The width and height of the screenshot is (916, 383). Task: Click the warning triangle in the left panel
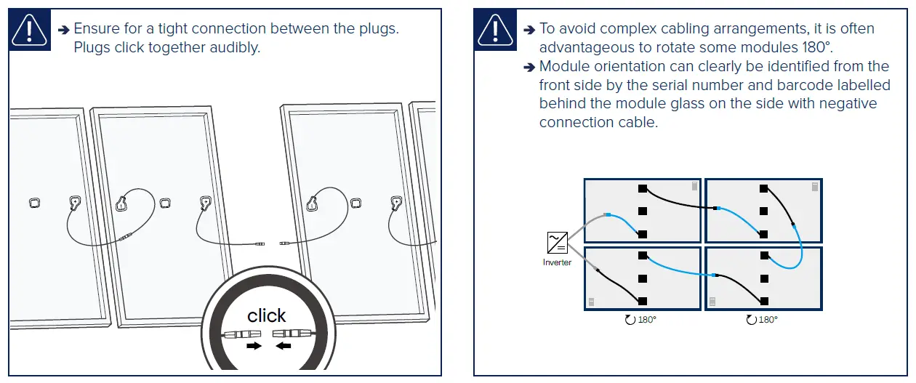pyautogui.click(x=30, y=31)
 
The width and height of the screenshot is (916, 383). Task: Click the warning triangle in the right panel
pyautogui.click(x=495, y=31)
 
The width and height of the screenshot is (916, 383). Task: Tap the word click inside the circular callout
pyautogui.click(x=266, y=315)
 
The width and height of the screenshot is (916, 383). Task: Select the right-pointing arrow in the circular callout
pyautogui.click(x=254, y=346)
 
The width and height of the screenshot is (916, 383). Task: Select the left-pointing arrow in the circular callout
pyautogui.click(x=284, y=346)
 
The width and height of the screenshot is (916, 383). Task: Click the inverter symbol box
pyautogui.click(x=558, y=242)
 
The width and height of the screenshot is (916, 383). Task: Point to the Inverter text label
pyautogui.click(x=557, y=262)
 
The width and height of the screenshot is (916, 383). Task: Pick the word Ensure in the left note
pyautogui.click(x=97, y=29)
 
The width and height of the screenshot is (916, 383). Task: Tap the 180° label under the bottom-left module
pyautogui.click(x=646, y=320)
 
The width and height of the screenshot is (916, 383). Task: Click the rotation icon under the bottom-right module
pyautogui.click(x=751, y=320)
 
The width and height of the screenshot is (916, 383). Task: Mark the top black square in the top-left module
pyautogui.click(x=642, y=188)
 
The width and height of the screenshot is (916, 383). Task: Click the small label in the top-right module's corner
pyautogui.click(x=815, y=188)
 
